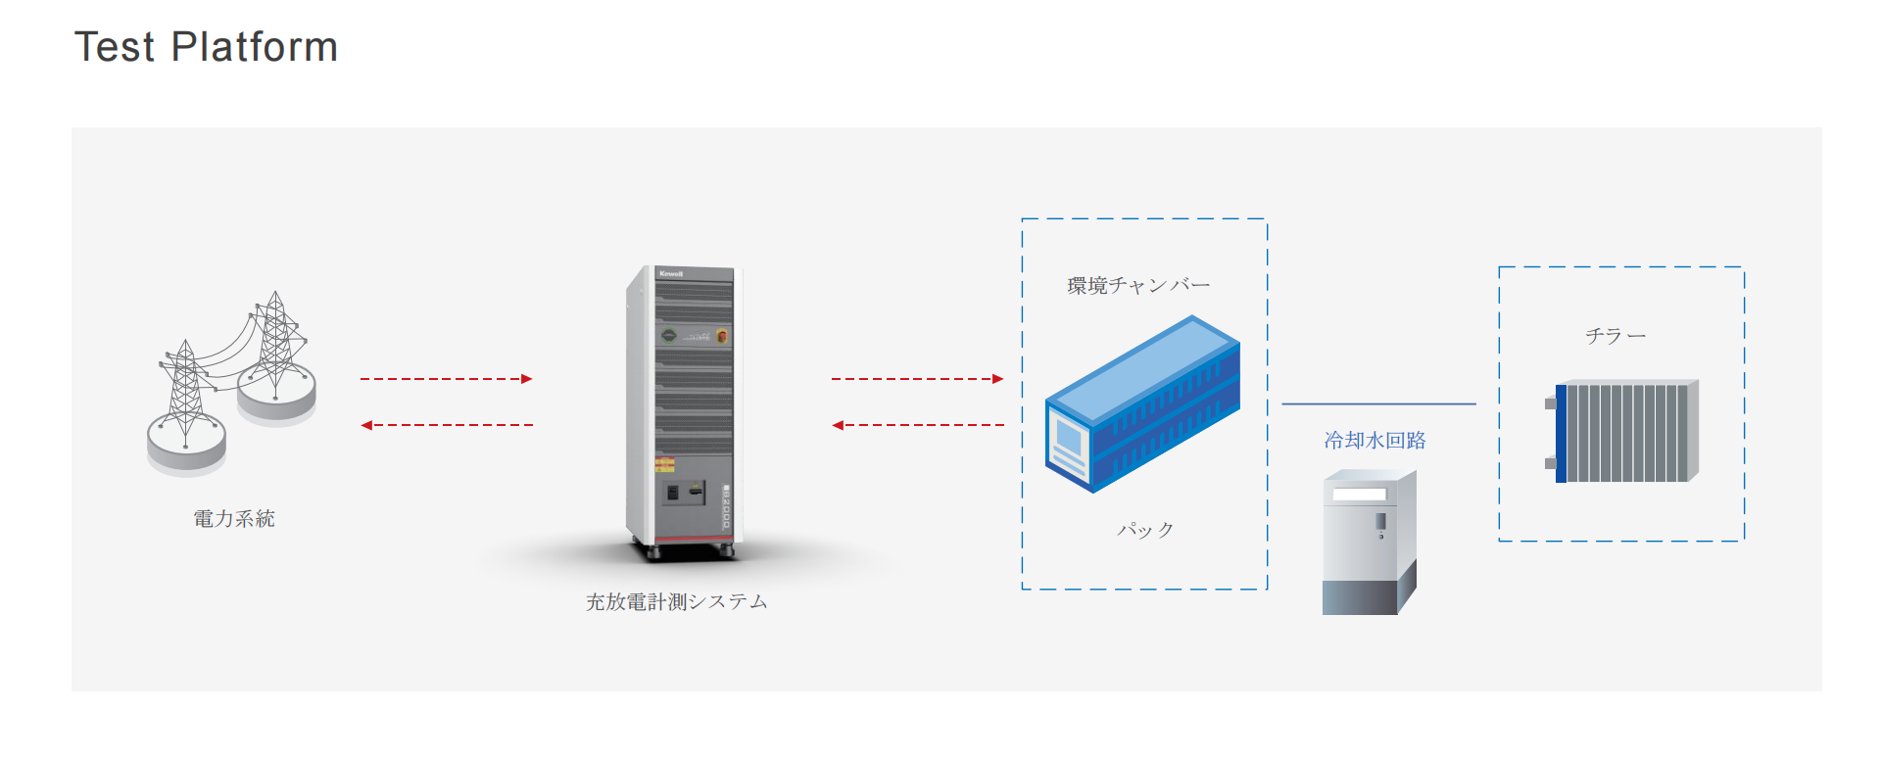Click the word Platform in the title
click(254, 47)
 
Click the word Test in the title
click(115, 47)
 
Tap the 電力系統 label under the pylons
click(233, 518)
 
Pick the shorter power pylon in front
click(185, 397)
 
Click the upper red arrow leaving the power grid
click(446, 379)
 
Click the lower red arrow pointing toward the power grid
click(446, 425)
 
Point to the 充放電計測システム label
click(676, 601)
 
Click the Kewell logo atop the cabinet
click(671, 273)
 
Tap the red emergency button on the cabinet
click(722, 336)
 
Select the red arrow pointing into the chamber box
click(917, 379)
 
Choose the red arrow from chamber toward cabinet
click(917, 425)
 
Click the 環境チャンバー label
click(1138, 285)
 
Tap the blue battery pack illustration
click(1142, 403)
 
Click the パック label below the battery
click(1145, 529)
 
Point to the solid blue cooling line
click(1378, 403)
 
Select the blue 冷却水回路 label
click(1375, 441)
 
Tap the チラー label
click(1616, 336)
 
